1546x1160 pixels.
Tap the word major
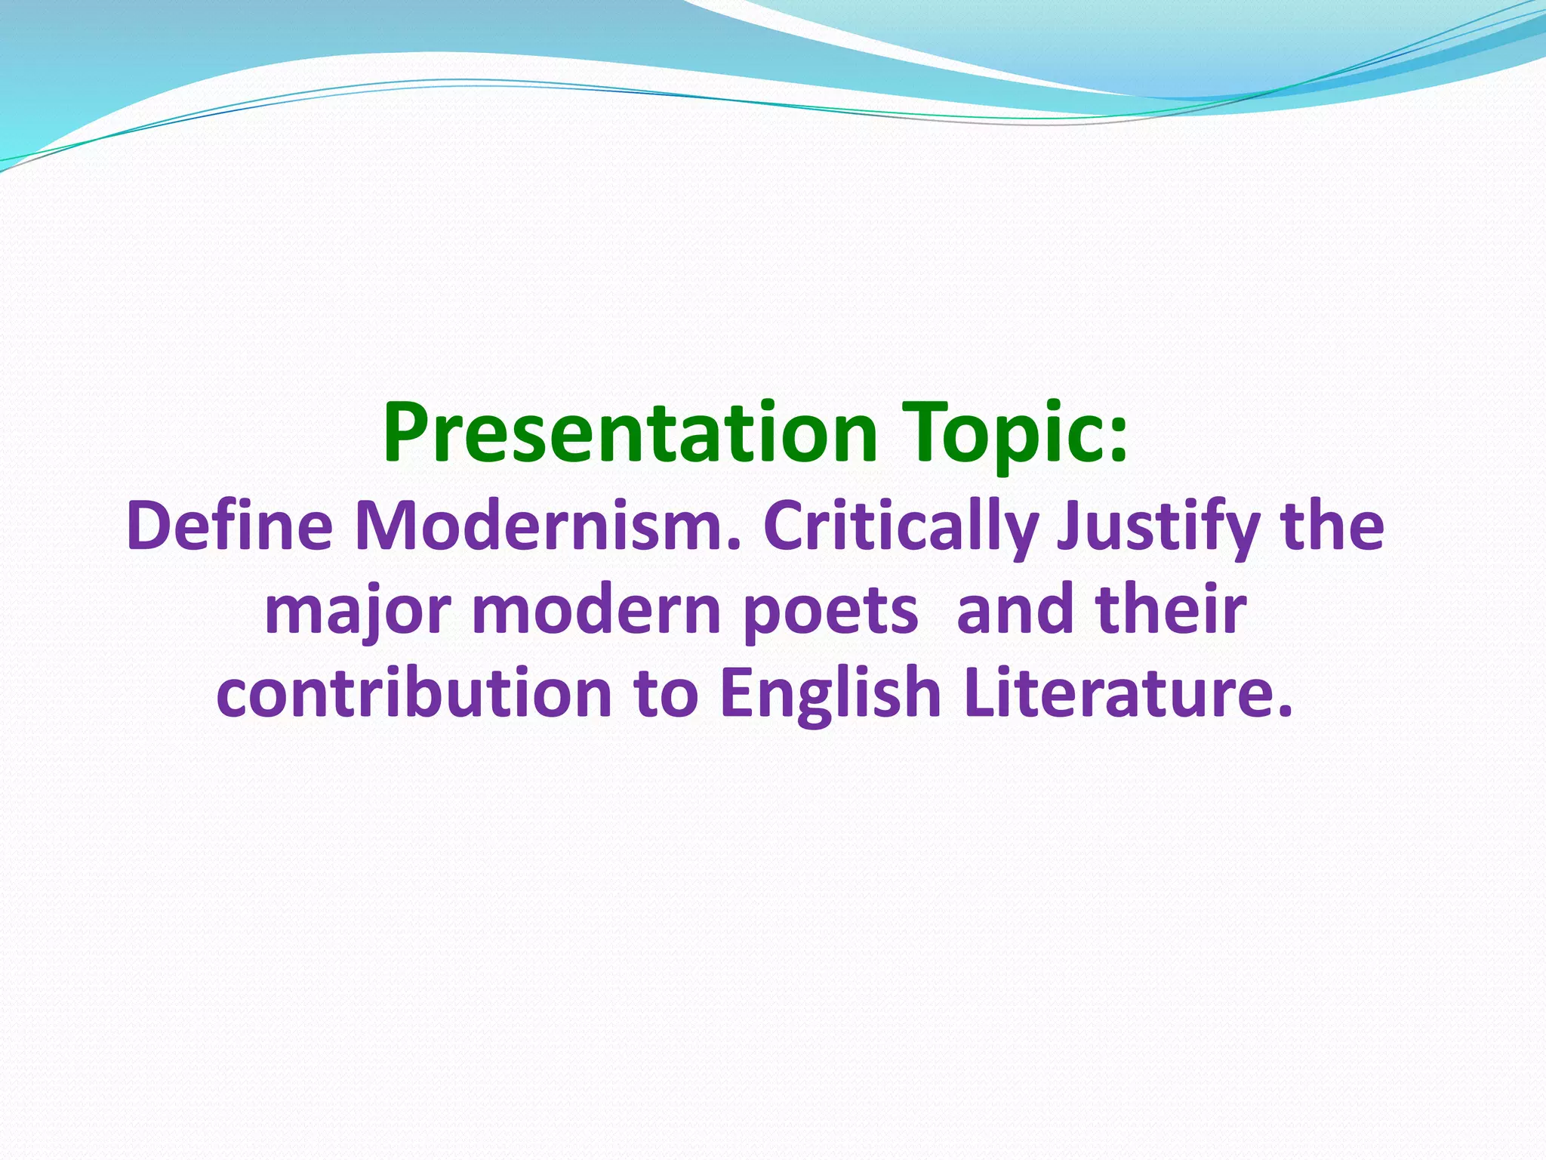[x=359, y=612]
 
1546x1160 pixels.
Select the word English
[x=830, y=695]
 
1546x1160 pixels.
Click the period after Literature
[x=1286, y=711]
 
